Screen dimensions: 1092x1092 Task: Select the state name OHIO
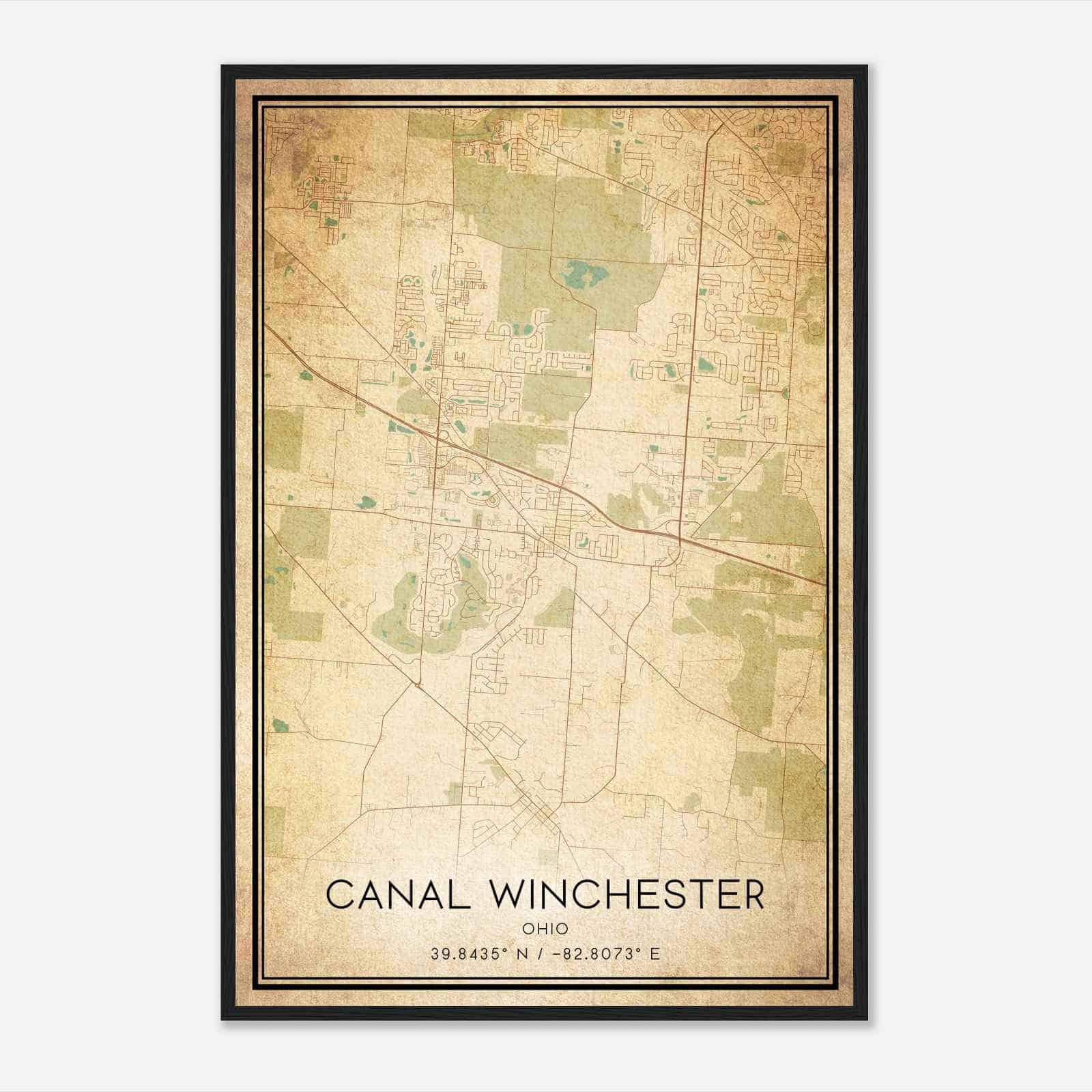pos(545,929)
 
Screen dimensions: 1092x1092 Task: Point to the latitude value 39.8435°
pos(468,953)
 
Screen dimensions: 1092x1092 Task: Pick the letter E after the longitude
pos(655,953)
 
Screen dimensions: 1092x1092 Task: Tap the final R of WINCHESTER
pos(753,895)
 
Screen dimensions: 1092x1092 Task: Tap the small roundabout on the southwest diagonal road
pos(417,684)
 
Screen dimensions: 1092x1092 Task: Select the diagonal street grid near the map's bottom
pos(539,812)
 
